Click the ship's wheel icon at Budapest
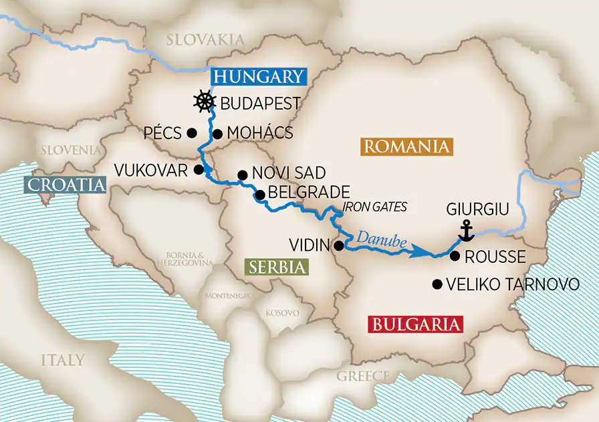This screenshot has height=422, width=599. (205, 102)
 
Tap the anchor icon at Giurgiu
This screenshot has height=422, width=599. (466, 231)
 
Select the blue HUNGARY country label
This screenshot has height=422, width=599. (259, 77)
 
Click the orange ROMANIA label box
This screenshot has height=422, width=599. (406, 146)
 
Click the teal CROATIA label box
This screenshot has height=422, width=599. (65, 185)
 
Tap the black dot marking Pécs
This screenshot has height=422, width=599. (192, 132)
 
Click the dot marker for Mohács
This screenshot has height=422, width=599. (217, 133)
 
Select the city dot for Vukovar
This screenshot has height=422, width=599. (199, 169)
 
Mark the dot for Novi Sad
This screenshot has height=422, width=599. (242, 176)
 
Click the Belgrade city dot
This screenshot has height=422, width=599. (259, 195)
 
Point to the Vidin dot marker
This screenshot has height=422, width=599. (339, 245)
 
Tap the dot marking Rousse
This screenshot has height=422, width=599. (455, 256)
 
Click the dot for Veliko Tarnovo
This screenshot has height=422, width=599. (437, 284)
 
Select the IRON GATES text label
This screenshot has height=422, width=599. (375, 207)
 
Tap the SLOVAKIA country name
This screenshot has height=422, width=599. (205, 40)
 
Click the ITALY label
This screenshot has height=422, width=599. (62, 360)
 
